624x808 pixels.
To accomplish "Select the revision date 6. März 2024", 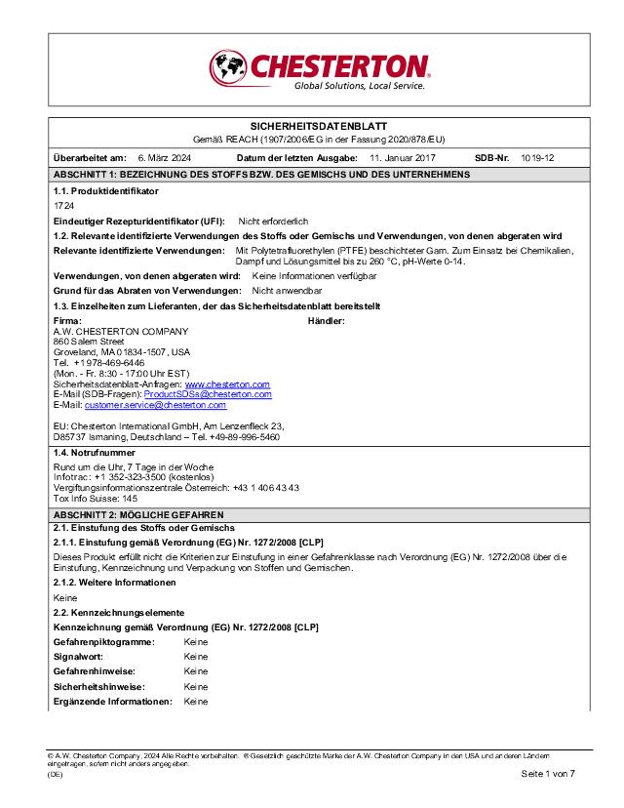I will coord(164,157).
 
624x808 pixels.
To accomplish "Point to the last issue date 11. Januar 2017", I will coord(403,157).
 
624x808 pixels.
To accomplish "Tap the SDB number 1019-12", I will coord(537,157).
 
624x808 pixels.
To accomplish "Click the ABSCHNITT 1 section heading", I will coord(261,174).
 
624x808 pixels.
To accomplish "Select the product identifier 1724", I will coord(63,207).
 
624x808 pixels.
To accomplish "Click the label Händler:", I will coord(327,321).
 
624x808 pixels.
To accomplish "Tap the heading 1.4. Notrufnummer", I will coord(94,453).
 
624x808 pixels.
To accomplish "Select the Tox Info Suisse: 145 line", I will coord(89,498).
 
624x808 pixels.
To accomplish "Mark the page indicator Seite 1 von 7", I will coord(548,774).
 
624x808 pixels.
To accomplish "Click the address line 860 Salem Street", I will coord(89,342).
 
